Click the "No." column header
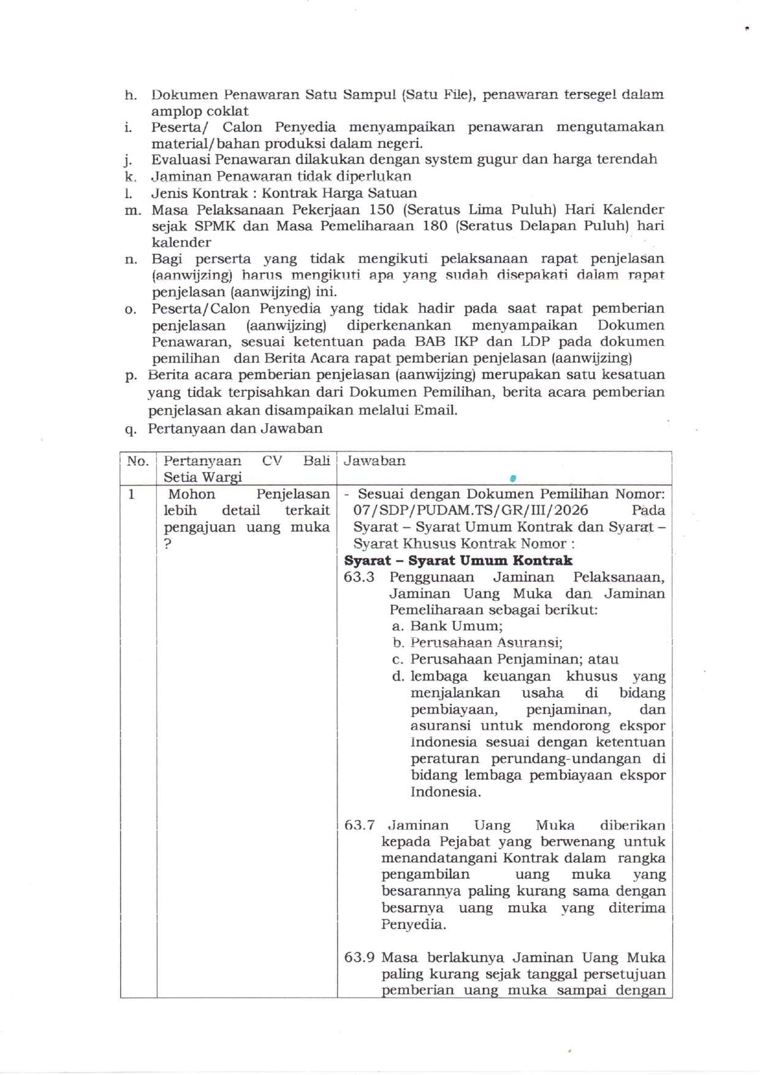pos(137,461)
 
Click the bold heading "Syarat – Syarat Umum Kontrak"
pos(458,560)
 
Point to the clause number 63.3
pos(359,577)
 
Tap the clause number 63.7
pos(359,825)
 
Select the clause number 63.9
pos(359,958)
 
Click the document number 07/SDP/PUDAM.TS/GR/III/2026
pos(470,510)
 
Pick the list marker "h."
pos(130,95)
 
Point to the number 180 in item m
pos(436,226)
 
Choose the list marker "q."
pos(130,429)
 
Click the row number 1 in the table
pos(131,494)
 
